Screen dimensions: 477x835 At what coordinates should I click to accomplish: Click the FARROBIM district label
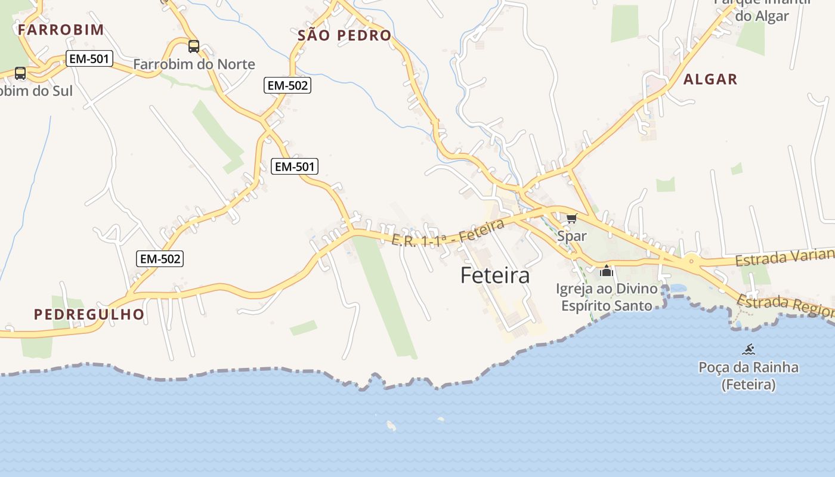pos(61,29)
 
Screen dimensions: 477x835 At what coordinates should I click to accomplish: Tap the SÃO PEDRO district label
pos(345,35)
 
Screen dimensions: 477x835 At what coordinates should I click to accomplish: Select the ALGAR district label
pos(710,79)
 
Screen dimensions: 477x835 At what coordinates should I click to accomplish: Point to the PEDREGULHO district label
pos(89,314)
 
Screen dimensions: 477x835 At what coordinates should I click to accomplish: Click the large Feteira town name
pos(495,275)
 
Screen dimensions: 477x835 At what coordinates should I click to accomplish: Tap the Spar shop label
pos(572,236)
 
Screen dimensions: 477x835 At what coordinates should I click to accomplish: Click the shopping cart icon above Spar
pos(572,218)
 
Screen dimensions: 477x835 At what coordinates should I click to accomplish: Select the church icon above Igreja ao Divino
pos(607,271)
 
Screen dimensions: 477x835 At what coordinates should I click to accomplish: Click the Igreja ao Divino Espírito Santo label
pos(607,297)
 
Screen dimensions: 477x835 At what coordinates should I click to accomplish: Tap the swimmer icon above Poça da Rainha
pos(749,349)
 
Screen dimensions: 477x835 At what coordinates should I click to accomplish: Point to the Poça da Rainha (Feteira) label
pos(749,376)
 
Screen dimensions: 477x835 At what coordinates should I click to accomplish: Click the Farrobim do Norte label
pos(194,64)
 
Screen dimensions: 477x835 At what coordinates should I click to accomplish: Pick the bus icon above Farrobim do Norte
pos(194,46)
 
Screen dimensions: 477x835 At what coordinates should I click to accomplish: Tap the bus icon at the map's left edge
pos(20,73)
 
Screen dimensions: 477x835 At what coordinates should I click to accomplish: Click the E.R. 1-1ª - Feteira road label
pos(449,233)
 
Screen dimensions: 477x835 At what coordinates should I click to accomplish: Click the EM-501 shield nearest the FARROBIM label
pos(89,58)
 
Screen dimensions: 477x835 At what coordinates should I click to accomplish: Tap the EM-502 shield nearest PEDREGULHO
pos(159,259)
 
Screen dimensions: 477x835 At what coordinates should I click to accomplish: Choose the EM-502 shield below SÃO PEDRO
pos(287,85)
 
